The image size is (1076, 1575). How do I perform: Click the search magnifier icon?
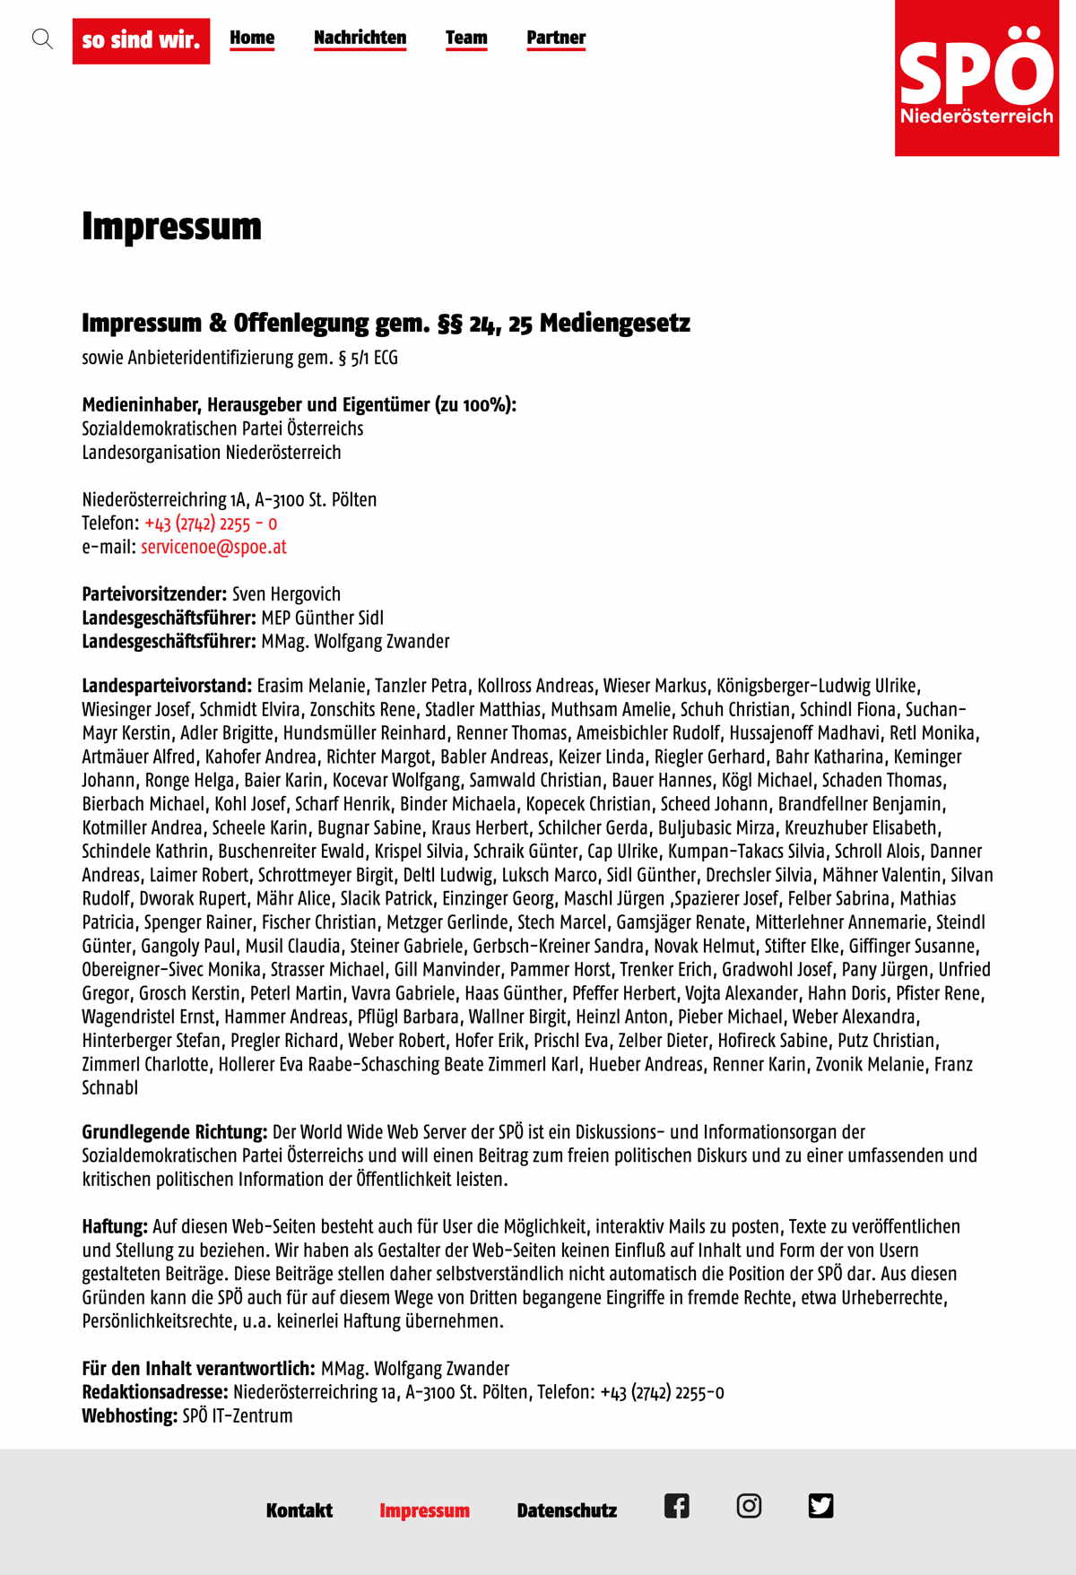[x=42, y=39]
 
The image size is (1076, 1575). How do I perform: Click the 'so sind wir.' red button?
[x=141, y=40]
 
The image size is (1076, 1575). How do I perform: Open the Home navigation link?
[x=252, y=38]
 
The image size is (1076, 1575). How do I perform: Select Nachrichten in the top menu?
[x=360, y=38]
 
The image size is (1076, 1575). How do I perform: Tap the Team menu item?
[x=466, y=38]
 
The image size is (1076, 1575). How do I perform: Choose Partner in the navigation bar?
[x=556, y=38]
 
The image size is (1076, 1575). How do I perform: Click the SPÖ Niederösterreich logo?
[x=976, y=78]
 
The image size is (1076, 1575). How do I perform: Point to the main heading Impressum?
[x=171, y=226]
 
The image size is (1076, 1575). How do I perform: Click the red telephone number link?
[x=211, y=524]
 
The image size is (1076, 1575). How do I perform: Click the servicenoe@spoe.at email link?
[x=213, y=547]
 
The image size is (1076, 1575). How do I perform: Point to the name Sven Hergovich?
[x=286, y=594]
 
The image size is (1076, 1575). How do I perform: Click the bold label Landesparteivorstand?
[x=167, y=686]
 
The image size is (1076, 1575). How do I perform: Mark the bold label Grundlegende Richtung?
[x=175, y=1132]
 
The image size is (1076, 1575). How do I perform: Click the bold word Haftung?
[x=115, y=1226]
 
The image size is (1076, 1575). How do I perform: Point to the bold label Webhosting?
[x=130, y=1415]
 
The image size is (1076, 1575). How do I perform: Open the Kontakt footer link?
[x=299, y=1510]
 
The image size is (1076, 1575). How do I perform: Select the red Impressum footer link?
[x=424, y=1510]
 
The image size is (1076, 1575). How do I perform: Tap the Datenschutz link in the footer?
[x=567, y=1510]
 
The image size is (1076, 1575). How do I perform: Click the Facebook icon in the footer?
[x=677, y=1506]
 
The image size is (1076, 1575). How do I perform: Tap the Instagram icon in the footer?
[x=749, y=1506]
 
